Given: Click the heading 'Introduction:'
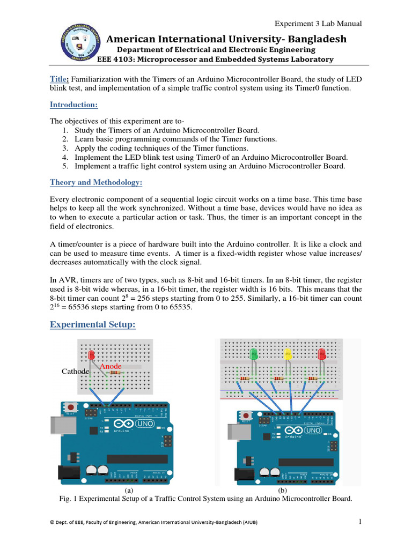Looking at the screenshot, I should pos(73,105).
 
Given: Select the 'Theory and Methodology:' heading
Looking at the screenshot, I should pos(96,182).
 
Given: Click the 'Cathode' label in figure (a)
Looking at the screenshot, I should pos(75,371).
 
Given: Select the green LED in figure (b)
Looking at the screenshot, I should pos(254,354).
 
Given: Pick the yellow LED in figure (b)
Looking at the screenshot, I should pos(288,354).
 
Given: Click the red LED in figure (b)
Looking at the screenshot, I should pos(322,354).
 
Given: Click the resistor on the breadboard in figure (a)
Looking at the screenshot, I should pos(114,372).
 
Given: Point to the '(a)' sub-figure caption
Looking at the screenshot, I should pos(129,490).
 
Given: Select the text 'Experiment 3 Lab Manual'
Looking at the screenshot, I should pos(319,24).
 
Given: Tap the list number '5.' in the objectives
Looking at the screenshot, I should pos(65,166).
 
